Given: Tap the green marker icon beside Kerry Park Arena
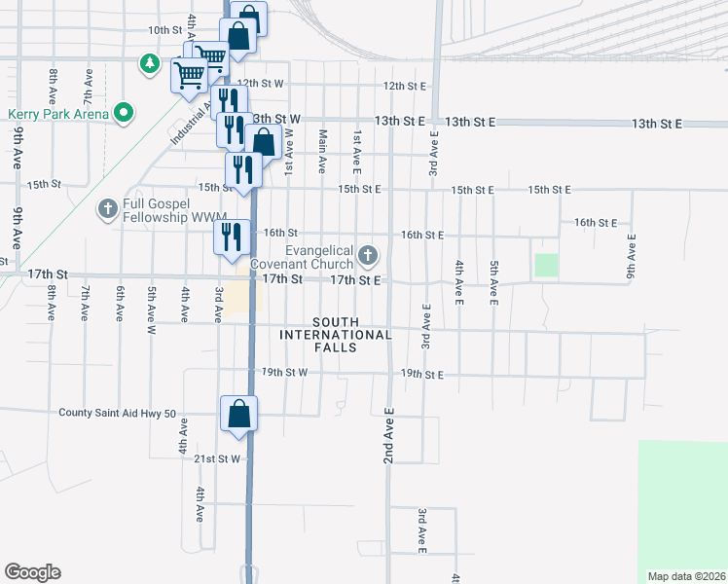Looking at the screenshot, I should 123,114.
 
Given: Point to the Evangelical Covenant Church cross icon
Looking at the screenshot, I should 367,256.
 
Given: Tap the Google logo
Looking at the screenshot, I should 32,572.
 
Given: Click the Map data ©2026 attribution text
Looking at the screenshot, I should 686,576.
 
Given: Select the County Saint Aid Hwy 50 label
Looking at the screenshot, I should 117,413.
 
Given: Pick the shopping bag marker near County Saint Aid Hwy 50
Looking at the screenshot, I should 238,415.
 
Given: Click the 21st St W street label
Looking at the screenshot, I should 215,458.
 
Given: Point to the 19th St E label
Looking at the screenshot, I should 422,374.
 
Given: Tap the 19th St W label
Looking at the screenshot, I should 284,372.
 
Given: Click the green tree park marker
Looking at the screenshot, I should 149,64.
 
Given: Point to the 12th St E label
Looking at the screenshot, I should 406,86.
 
